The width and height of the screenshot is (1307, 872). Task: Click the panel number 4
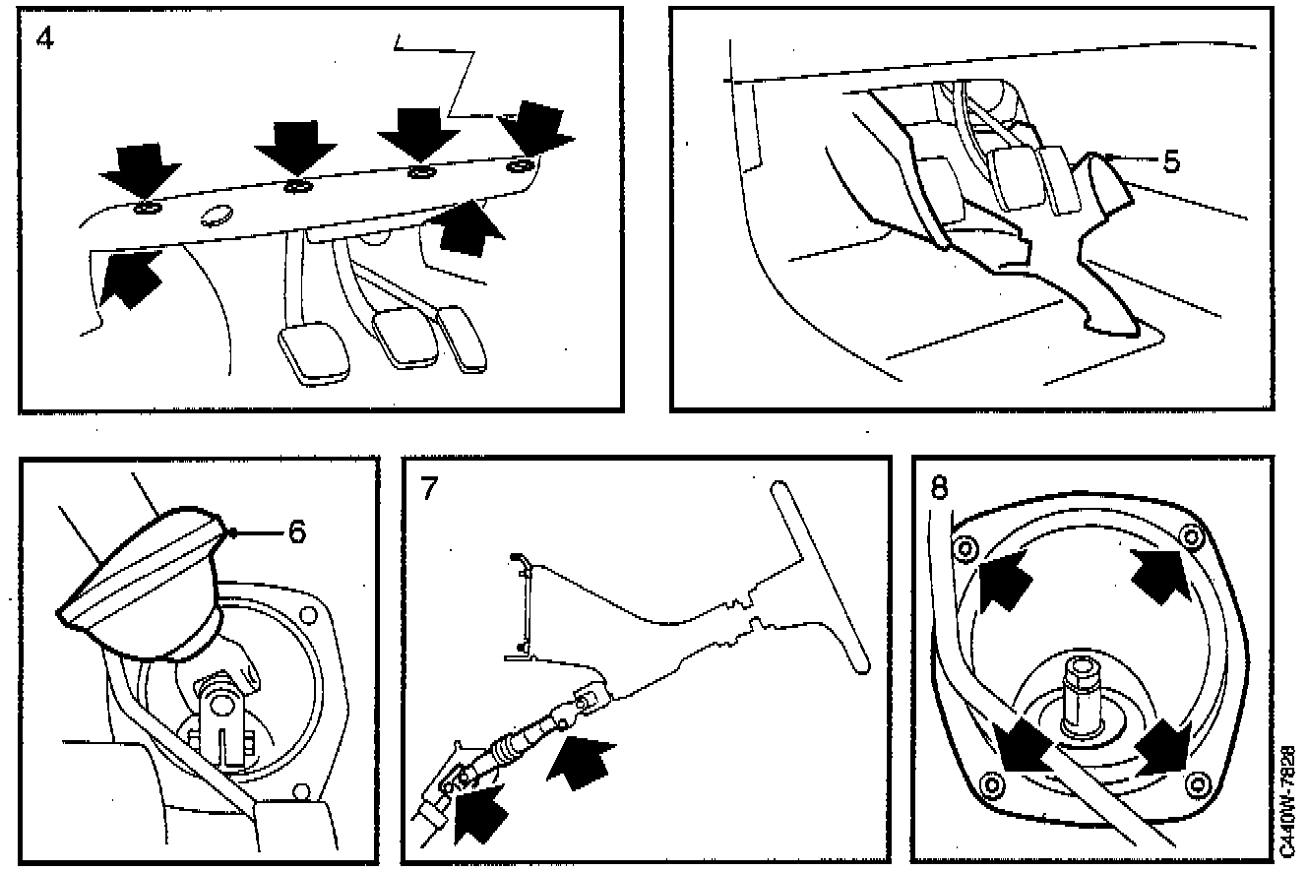point(44,42)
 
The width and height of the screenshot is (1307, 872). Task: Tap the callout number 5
point(1169,160)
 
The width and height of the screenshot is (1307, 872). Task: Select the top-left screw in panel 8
point(965,546)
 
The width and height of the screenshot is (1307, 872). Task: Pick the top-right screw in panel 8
point(1192,536)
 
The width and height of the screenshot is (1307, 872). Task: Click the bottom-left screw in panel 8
point(991,785)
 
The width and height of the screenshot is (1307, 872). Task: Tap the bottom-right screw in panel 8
point(1197,782)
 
